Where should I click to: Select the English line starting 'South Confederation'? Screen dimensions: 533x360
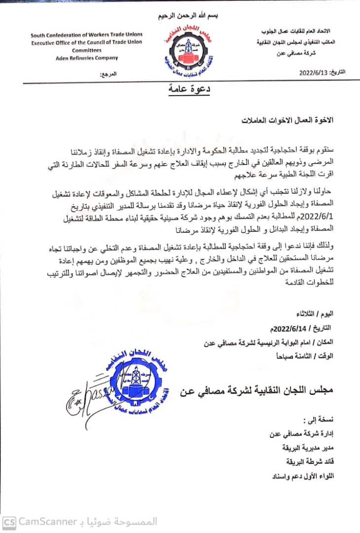point(86,35)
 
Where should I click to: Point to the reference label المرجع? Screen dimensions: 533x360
point(108,75)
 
